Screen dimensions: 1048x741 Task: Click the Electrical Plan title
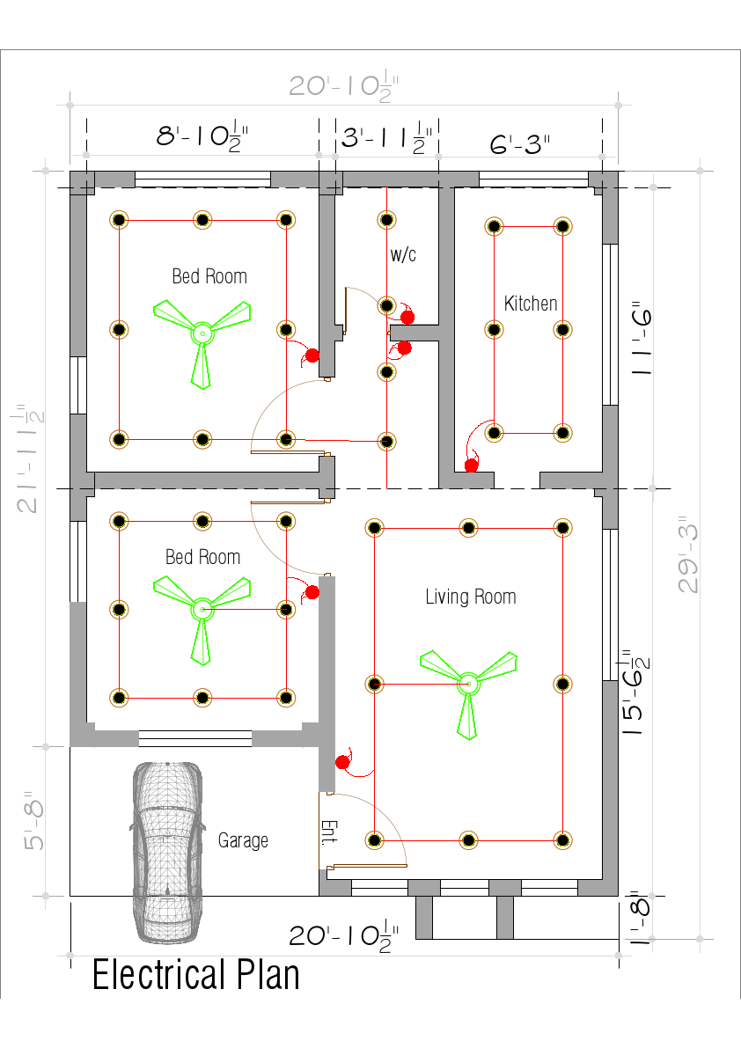pyautogui.click(x=195, y=976)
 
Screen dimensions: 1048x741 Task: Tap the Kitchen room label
pyautogui.click(x=530, y=304)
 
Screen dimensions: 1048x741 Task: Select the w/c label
pyautogui.click(x=403, y=255)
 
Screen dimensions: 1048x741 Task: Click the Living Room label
pyautogui.click(x=470, y=597)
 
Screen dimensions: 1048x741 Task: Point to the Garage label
pyautogui.click(x=243, y=840)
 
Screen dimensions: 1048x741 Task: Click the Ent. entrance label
pyautogui.click(x=328, y=832)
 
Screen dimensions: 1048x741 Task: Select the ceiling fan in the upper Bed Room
pyautogui.click(x=202, y=333)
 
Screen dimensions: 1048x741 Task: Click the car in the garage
pyautogui.click(x=166, y=840)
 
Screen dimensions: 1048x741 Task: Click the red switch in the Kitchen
pyautogui.click(x=471, y=465)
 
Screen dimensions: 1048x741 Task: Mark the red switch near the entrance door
pyautogui.click(x=342, y=762)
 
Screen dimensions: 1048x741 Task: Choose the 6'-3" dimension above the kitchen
pyautogui.click(x=519, y=144)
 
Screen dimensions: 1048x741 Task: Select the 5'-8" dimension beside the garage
pyautogui.click(x=33, y=821)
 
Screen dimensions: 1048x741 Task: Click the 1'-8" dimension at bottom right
pyautogui.click(x=640, y=920)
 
